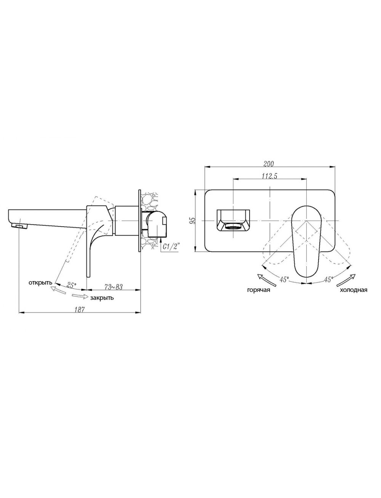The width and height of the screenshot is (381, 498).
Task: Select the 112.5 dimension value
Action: coord(270,176)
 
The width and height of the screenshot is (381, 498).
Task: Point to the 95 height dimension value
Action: coord(193,221)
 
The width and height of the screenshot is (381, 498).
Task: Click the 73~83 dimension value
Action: coord(114,287)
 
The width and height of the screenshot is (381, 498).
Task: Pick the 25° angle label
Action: coord(72,285)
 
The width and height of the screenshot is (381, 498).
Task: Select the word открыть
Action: coord(41,283)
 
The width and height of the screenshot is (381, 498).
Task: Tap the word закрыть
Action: coord(102,298)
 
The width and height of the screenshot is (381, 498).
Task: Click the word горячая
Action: coord(259,290)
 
